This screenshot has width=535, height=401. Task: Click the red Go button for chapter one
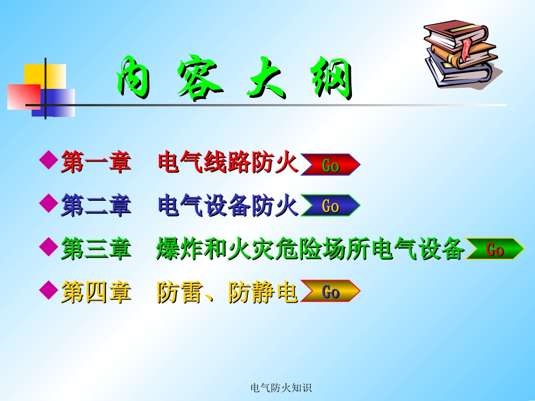coord(330,165)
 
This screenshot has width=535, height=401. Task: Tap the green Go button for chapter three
coord(495,249)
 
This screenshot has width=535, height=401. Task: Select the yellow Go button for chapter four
coord(330,291)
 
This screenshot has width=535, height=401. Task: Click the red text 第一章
coord(96,163)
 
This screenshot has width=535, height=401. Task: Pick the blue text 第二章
coord(96,206)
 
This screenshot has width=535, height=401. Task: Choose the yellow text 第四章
coord(96,292)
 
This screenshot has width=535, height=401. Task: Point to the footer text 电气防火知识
coord(280,388)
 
